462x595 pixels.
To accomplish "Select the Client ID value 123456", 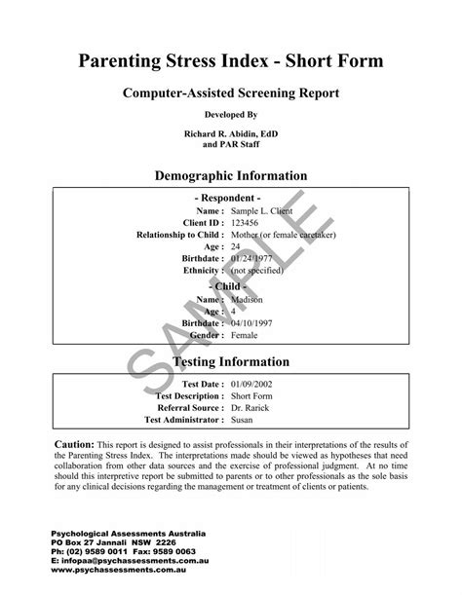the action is (247, 223).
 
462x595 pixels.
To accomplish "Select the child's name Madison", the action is (249, 301).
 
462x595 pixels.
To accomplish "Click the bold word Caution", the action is (73, 444).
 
